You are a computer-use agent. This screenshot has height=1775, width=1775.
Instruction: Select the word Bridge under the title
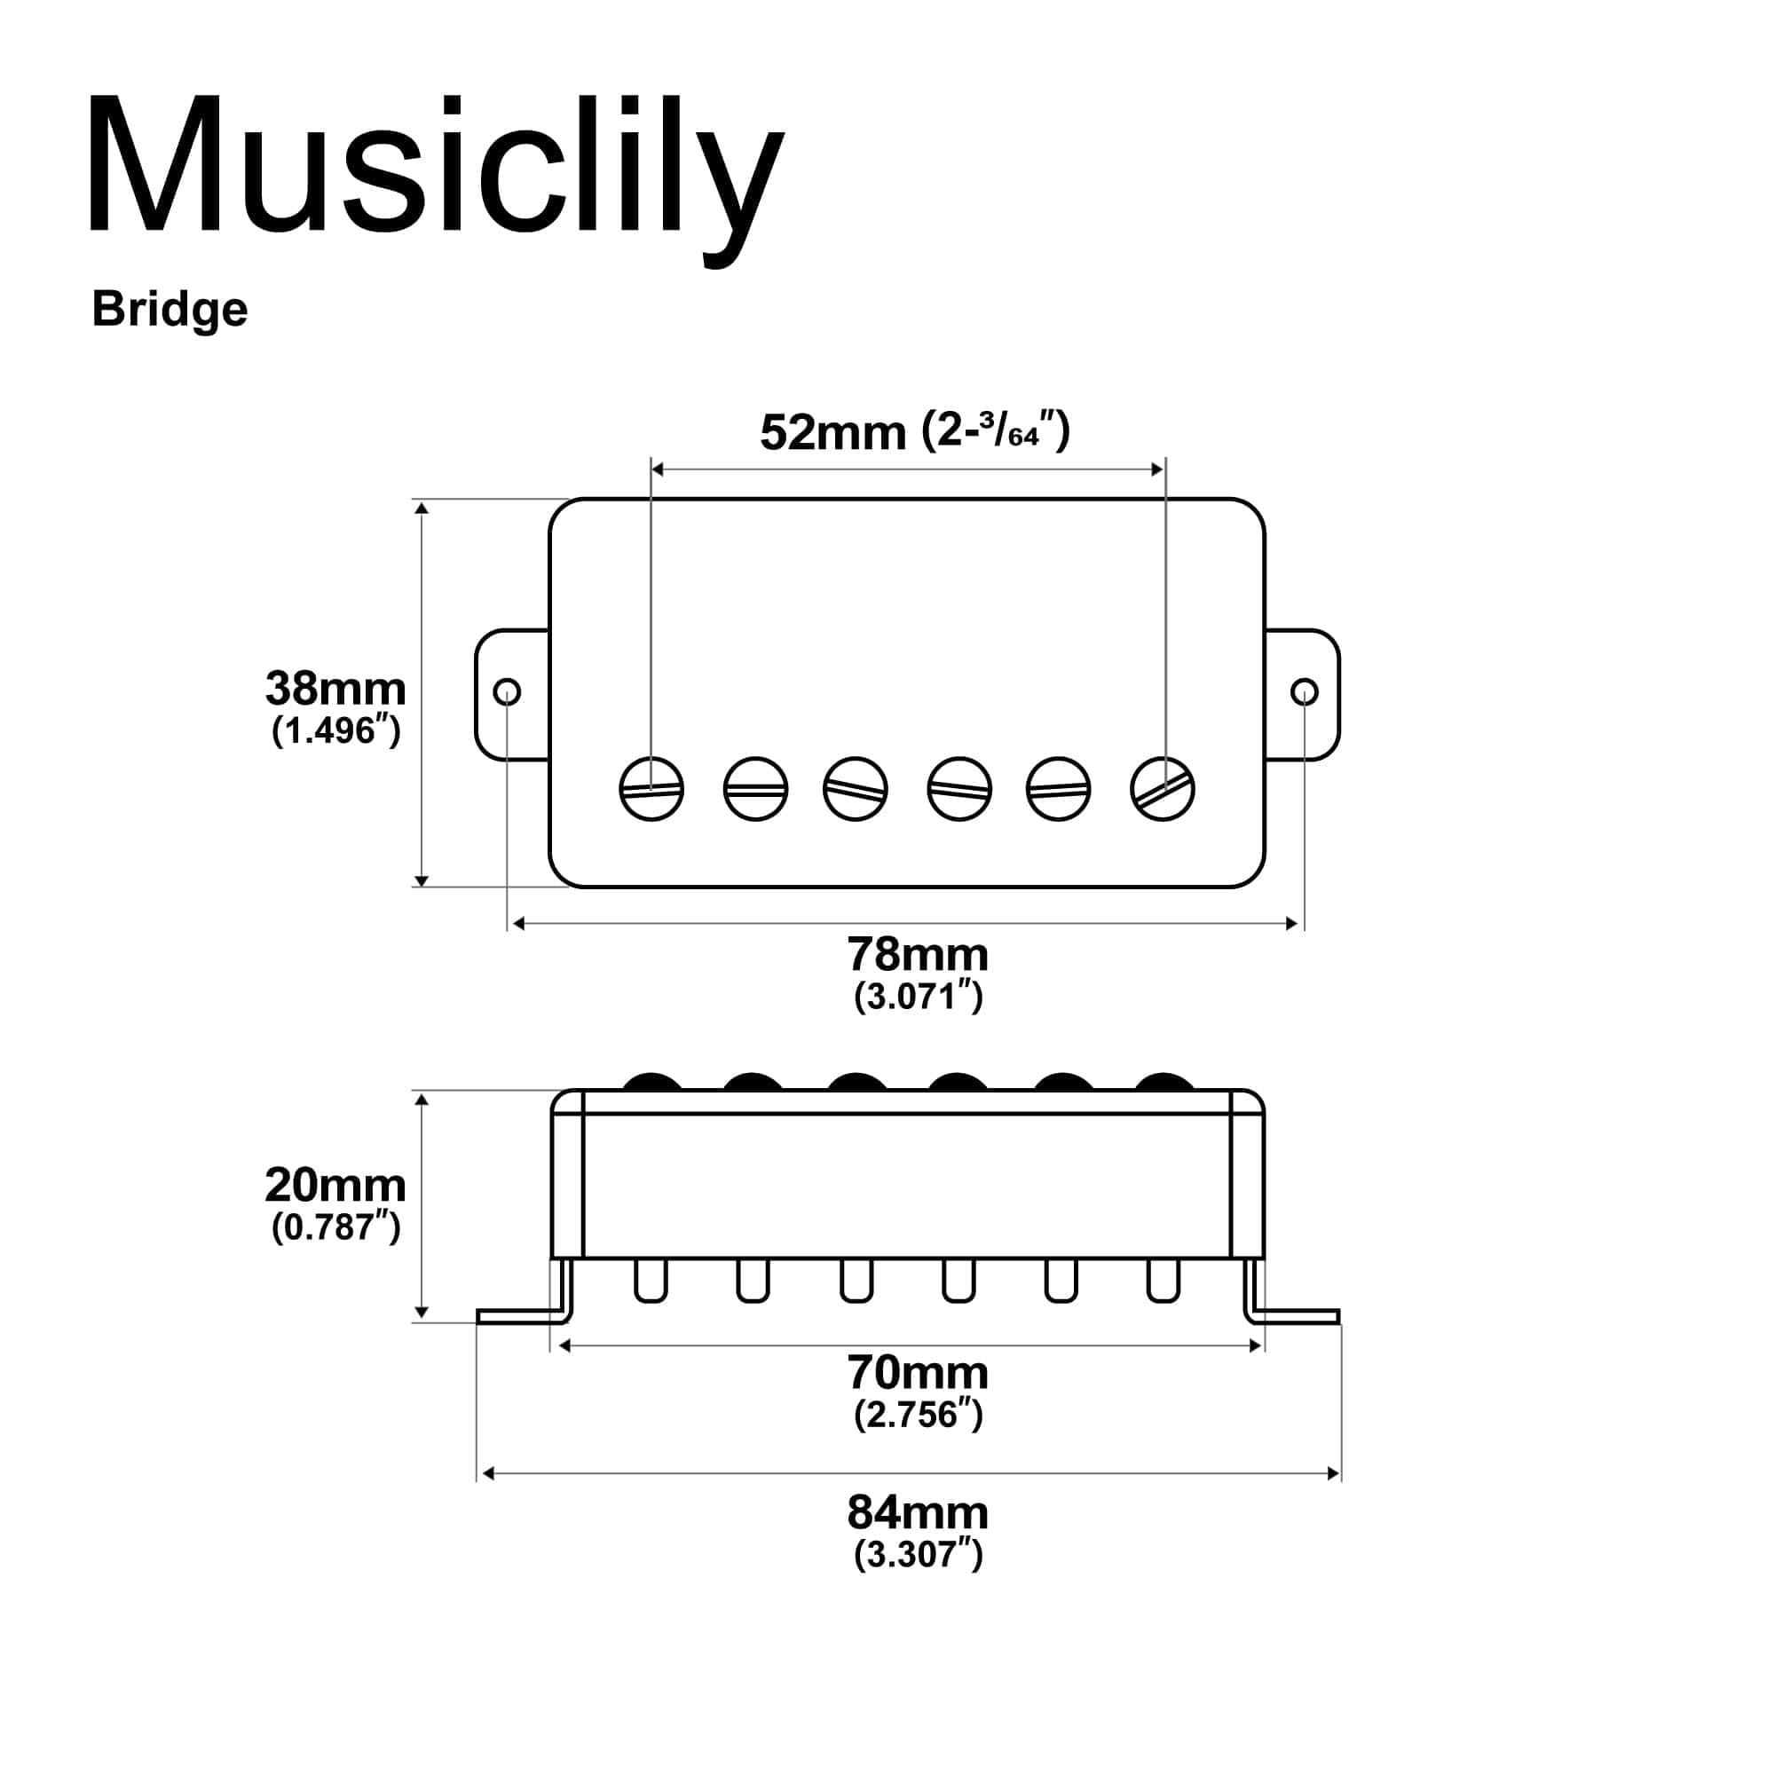[x=170, y=310]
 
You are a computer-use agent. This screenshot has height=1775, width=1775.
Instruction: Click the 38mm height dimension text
[x=335, y=688]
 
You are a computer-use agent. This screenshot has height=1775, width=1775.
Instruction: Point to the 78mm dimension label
[x=917, y=956]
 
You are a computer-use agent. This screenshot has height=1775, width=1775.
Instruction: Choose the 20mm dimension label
[x=335, y=1186]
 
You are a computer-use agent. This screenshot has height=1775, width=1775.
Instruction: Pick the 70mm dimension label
[x=917, y=1374]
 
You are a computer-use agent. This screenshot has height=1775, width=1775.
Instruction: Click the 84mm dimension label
[x=917, y=1512]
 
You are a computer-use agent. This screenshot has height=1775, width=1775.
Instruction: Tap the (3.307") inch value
[x=918, y=1555]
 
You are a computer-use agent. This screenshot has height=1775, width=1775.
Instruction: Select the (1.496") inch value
[x=335, y=731]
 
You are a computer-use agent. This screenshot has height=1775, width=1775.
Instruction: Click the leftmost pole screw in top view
[x=651, y=789]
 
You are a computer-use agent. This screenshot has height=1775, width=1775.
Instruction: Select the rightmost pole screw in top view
[x=1163, y=789]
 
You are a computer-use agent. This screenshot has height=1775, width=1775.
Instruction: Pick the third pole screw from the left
[x=856, y=789]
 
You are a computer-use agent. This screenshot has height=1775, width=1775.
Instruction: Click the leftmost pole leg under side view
[x=651, y=1281]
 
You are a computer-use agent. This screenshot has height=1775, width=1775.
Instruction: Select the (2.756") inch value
[x=918, y=1415]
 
